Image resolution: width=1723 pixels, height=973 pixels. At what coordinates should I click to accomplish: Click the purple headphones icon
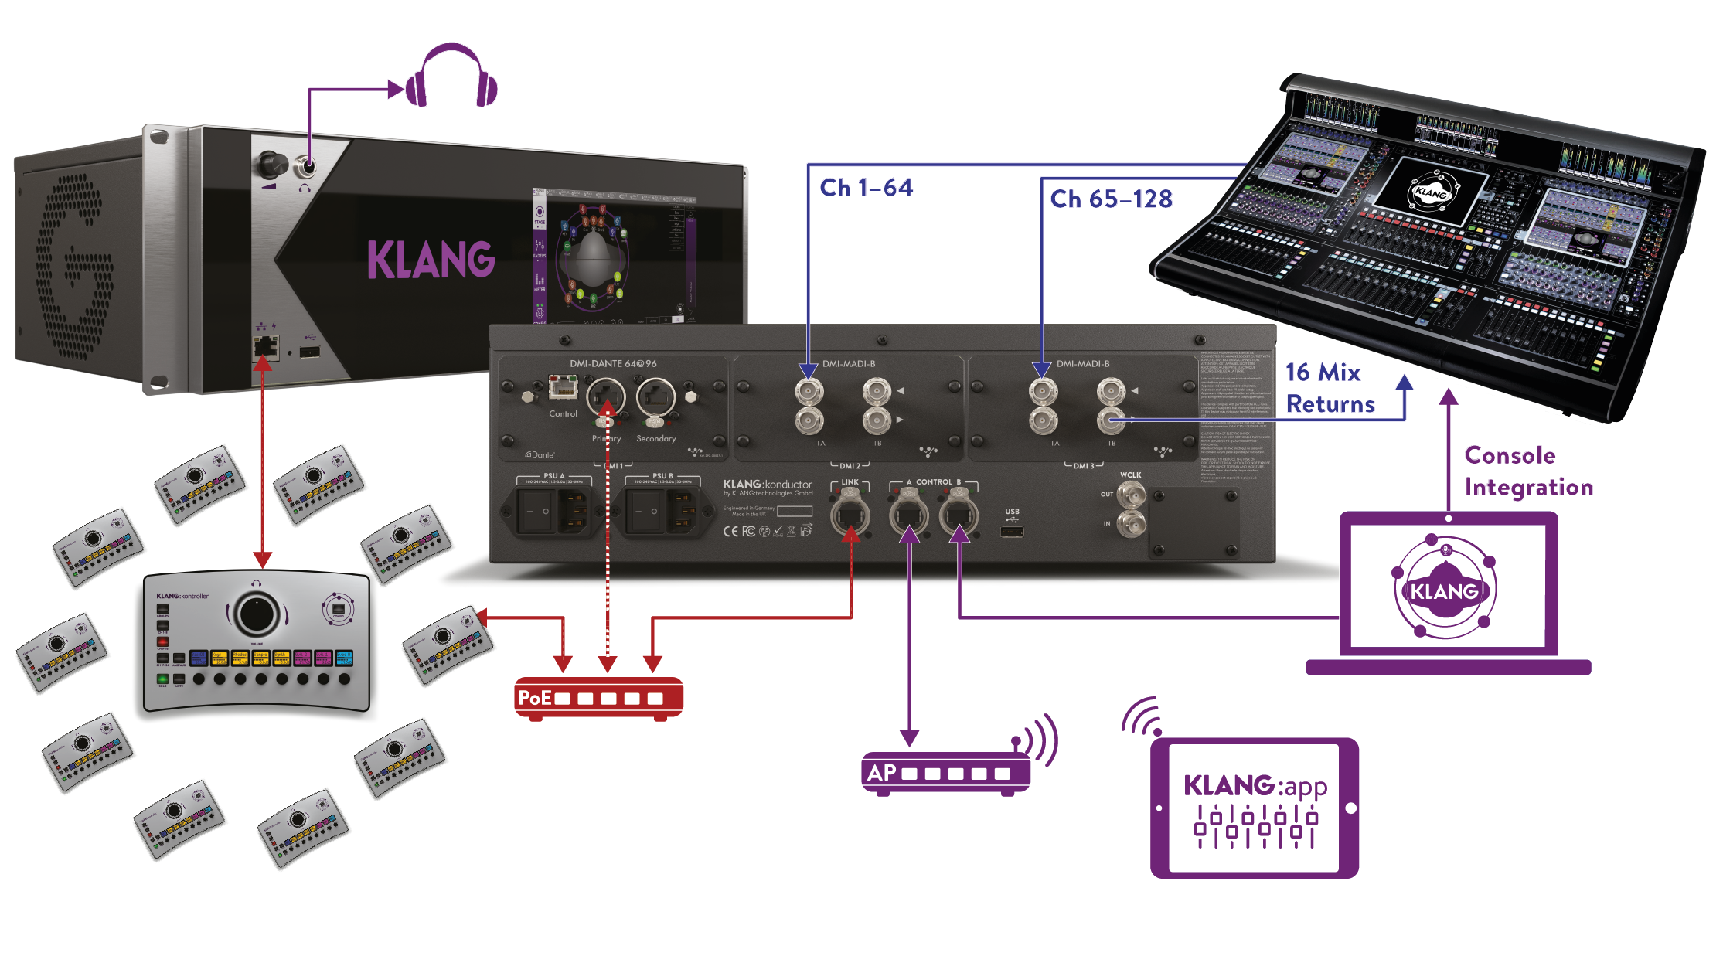pos(451,77)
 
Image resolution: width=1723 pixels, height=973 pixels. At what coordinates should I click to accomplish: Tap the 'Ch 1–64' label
pos(866,188)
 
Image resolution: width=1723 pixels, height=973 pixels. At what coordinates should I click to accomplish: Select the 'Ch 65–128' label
pos(1111,199)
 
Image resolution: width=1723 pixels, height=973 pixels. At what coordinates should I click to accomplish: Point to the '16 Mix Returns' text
pos(1330,388)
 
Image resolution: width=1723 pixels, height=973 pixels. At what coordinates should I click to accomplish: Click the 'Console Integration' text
pos(1527,471)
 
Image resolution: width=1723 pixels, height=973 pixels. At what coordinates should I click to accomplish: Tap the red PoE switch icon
pos(599,698)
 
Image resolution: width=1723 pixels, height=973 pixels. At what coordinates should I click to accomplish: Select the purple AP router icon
pos(946,772)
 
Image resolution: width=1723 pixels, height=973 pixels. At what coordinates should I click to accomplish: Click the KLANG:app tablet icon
pos(1254,808)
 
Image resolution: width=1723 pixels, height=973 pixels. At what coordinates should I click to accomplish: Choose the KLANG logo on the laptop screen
pos(1444,591)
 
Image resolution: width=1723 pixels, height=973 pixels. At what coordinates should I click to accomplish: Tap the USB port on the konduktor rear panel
pos(1012,531)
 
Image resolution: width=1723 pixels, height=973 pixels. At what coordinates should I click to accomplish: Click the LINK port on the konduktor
pos(850,515)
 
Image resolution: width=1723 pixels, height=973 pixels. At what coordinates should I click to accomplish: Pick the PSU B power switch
pos(646,512)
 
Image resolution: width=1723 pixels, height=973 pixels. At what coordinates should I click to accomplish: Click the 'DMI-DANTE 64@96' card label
pos(613,363)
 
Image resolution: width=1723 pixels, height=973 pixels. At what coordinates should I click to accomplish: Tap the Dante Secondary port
pos(655,397)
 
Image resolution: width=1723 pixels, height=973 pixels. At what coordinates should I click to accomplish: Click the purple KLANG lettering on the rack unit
pos(431,260)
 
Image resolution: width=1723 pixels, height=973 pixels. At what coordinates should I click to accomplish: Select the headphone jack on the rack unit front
pos(308,165)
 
